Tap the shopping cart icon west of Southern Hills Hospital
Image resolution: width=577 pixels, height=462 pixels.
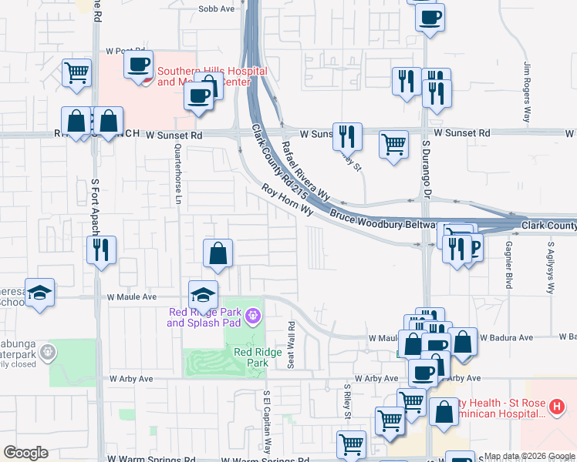(x=76, y=73)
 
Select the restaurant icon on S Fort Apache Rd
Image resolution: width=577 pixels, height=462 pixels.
(x=101, y=249)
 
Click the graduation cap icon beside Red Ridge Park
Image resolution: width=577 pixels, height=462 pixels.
(x=203, y=294)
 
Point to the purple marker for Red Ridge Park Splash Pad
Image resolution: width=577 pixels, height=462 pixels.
(x=252, y=316)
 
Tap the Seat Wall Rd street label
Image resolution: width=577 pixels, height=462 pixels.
(x=291, y=344)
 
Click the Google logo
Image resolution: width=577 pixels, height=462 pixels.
(x=25, y=453)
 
